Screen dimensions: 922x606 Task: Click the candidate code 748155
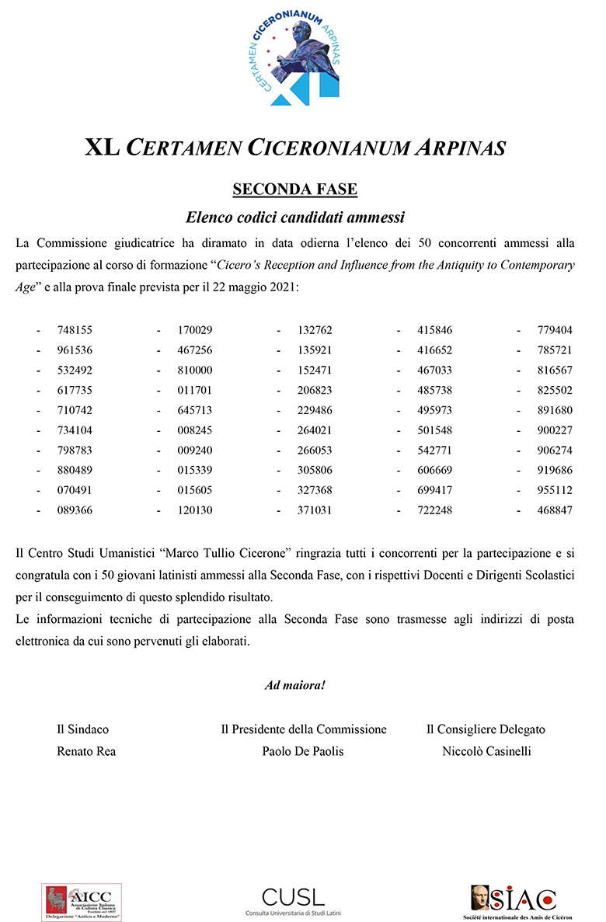click(75, 330)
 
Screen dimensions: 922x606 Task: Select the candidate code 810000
click(195, 371)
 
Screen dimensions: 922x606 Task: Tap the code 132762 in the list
click(315, 330)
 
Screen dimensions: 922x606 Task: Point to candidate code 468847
click(555, 510)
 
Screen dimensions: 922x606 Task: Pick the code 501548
click(435, 430)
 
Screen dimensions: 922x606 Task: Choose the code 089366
click(75, 510)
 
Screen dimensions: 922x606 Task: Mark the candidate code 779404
click(555, 330)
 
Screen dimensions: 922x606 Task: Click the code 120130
click(195, 510)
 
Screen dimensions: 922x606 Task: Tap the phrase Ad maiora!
click(295, 686)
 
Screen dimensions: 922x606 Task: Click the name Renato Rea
click(86, 751)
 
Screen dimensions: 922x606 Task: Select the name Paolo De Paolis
click(303, 751)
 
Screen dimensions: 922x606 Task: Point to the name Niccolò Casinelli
click(486, 751)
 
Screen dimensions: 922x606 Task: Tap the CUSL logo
click(294, 899)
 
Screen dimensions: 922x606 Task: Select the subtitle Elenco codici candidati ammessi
click(295, 217)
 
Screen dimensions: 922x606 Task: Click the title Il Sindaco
click(82, 729)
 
